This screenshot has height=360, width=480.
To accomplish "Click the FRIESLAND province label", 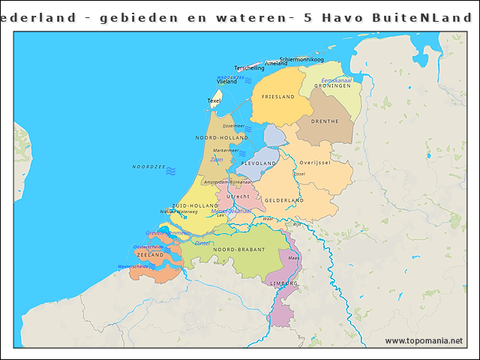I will (x=277, y=97).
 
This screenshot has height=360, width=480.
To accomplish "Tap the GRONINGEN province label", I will (x=332, y=86).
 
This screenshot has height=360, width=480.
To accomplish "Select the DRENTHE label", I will (x=324, y=121).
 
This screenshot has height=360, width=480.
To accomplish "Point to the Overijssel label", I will (x=315, y=163).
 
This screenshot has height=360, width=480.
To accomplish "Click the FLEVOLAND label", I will (x=259, y=163).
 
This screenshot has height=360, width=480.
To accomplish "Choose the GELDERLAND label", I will (x=283, y=201).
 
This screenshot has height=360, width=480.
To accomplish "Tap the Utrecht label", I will (x=238, y=196).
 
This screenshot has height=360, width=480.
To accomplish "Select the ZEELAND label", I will (x=150, y=255).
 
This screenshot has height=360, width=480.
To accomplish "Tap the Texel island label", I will (x=214, y=100).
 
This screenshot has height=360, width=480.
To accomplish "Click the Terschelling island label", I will (x=249, y=68).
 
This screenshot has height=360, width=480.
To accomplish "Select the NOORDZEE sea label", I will (x=148, y=166).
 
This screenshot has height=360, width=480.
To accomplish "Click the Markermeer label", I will (x=226, y=151).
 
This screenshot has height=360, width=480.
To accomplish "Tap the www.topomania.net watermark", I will (x=424, y=340).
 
